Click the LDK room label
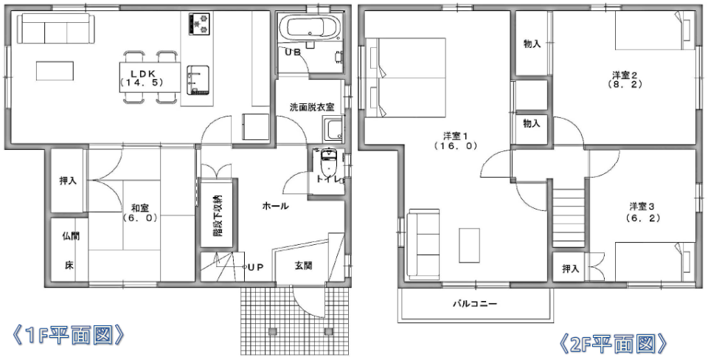141,74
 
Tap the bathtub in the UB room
310,28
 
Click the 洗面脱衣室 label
311,108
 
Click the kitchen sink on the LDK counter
198,80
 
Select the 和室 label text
140,208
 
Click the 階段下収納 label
218,216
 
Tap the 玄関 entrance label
303,266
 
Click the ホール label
275,207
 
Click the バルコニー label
475,303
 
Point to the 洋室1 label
455,136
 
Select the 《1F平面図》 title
68,335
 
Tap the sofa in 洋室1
423,244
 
